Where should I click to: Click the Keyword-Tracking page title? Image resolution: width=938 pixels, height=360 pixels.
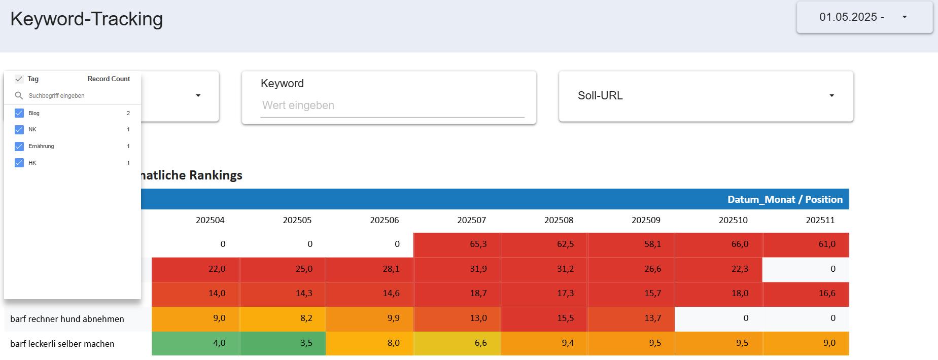86,19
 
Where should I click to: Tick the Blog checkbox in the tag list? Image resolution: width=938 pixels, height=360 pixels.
19,113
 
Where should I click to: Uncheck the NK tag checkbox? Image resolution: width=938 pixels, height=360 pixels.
19,130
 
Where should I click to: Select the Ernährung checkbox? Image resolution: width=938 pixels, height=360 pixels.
19,147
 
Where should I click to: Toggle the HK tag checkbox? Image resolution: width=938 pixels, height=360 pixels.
19,163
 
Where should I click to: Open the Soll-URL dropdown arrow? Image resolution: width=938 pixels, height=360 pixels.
831,96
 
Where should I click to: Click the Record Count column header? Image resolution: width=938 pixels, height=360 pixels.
109,79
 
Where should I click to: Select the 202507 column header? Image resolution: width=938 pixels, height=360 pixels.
471,220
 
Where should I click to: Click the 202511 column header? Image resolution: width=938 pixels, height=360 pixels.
820,220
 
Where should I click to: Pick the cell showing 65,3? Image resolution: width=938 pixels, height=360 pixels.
457,244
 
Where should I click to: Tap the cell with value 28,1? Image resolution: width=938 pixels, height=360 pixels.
370,269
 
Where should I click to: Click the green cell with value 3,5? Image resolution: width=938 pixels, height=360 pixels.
283,343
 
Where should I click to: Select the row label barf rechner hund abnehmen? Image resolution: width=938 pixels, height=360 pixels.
67,319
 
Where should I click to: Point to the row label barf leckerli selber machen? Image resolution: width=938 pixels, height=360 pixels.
62,344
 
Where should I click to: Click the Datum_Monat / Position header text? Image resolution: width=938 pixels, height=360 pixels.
784,199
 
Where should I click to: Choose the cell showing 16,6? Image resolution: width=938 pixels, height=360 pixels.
806,294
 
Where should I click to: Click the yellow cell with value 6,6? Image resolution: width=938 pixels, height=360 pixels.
457,343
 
